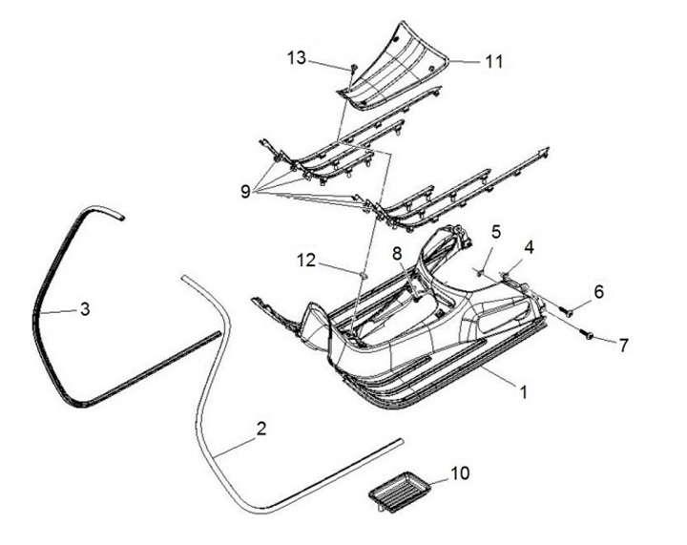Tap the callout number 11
(x=492, y=61)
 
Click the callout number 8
(x=397, y=254)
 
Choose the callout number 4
(x=529, y=246)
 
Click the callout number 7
(x=623, y=345)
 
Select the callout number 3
(x=84, y=308)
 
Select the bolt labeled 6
(x=565, y=308)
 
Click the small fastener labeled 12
(x=363, y=275)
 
